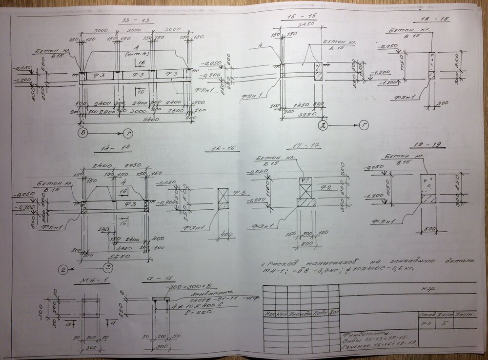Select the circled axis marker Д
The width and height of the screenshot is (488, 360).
click(x=323, y=125)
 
